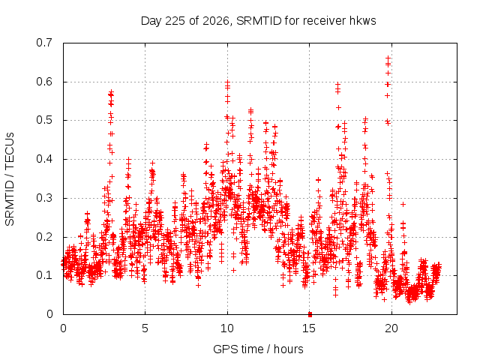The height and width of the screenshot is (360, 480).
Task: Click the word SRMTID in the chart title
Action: coord(259,21)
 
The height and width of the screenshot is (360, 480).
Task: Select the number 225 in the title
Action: coord(175,21)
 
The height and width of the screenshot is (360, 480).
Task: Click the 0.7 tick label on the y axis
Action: coord(44,43)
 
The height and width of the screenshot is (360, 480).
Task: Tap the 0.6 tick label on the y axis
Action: coord(44,82)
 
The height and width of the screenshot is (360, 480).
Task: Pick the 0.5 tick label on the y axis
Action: coord(44,120)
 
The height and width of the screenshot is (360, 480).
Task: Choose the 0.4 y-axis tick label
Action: coord(44,159)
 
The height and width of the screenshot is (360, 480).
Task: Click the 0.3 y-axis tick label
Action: coord(44,198)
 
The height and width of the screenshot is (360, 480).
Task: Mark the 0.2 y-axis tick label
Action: coord(44,237)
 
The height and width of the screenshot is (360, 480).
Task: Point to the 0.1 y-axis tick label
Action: coord(44,275)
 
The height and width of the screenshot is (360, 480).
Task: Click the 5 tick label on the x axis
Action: coord(145,328)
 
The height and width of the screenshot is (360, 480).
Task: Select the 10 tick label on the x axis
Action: coord(227,328)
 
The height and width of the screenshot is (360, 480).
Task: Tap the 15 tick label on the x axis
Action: coord(309,328)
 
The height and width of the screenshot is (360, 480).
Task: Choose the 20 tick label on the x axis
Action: coord(391,328)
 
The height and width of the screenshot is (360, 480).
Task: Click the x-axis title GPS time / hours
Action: coord(258,349)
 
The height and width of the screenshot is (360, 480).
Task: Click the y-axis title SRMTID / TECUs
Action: coord(10,179)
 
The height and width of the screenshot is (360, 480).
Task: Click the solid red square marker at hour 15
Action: coord(310,314)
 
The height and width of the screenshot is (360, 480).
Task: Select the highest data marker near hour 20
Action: coord(388,58)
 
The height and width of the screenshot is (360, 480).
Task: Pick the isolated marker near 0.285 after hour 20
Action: coord(403,204)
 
